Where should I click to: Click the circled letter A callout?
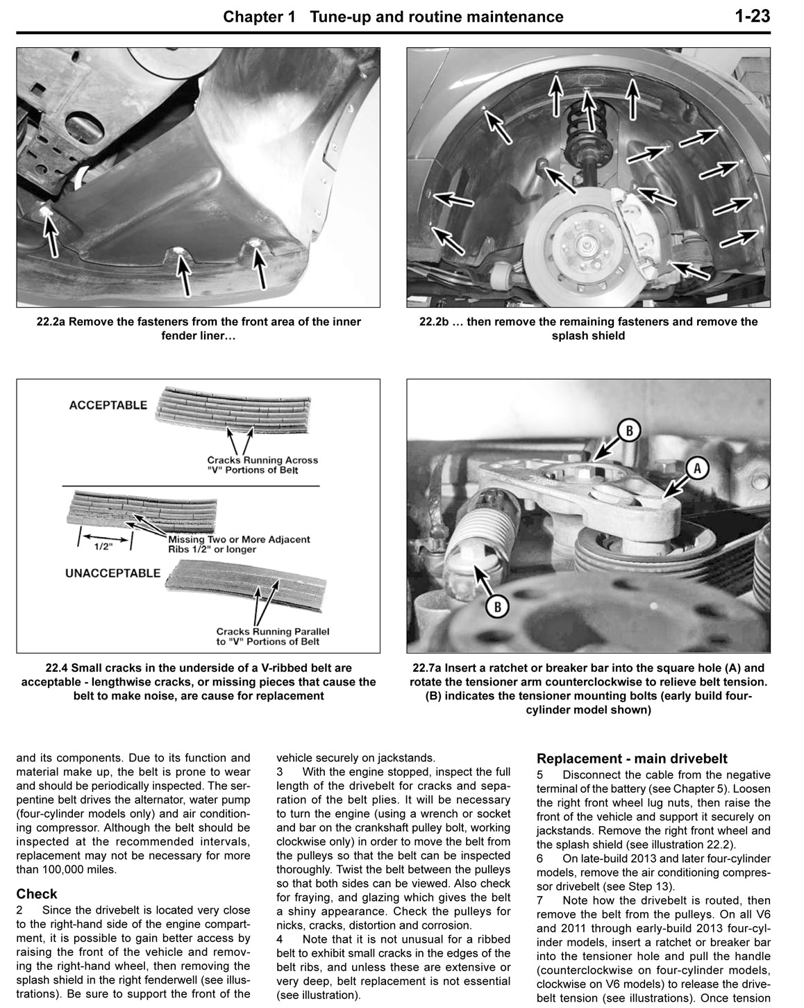click(x=697, y=469)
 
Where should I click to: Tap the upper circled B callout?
click(x=628, y=431)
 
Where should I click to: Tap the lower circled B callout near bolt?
click(x=496, y=606)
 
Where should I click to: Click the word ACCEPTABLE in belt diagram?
click(x=108, y=405)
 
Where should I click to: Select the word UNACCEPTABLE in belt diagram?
click(x=112, y=573)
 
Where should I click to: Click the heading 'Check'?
click(x=37, y=894)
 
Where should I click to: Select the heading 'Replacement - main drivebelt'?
click(x=632, y=759)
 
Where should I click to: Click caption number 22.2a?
click(x=51, y=322)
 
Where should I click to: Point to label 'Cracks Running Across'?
click(x=262, y=460)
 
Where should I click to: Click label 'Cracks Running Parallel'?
click(x=273, y=631)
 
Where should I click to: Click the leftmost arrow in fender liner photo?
click(x=49, y=232)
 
